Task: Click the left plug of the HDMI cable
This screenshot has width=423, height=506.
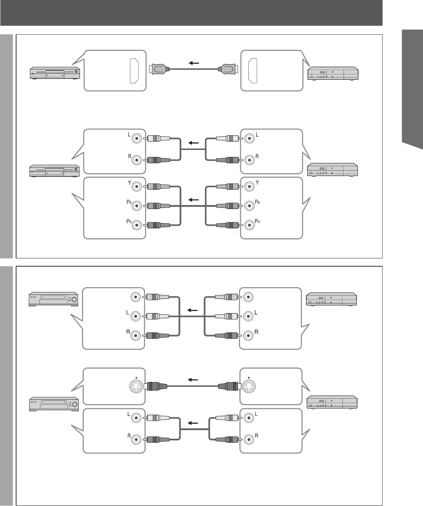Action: click(157, 70)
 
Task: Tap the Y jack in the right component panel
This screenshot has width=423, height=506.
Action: click(249, 186)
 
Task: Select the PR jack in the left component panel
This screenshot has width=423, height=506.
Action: click(136, 225)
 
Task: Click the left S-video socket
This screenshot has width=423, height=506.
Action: click(136, 386)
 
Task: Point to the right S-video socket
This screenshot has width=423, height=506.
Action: click(248, 386)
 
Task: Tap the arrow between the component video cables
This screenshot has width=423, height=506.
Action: click(194, 199)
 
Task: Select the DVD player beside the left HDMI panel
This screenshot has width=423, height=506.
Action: click(55, 73)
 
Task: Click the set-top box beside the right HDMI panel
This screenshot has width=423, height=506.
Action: click(332, 73)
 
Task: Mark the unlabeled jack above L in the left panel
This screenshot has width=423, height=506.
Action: click(136, 297)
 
